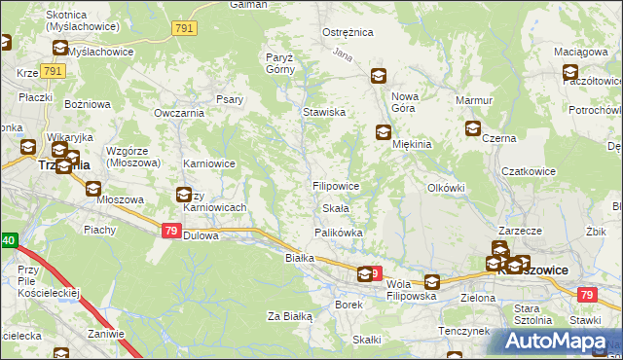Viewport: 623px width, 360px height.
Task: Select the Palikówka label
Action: point(338,233)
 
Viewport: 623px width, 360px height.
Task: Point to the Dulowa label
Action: point(201,235)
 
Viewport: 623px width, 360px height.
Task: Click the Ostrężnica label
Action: point(348,32)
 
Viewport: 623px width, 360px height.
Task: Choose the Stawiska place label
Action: point(325,113)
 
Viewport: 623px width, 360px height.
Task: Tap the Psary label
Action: point(230,98)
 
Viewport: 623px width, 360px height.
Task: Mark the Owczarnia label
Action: point(177,113)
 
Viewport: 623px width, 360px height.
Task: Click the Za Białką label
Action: point(289,316)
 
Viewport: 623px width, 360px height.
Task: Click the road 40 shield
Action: point(8,240)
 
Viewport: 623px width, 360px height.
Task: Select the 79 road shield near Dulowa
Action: point(170,231)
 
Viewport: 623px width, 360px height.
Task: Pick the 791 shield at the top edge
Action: point(185,30)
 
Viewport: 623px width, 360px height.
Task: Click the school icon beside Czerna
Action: point(473,127)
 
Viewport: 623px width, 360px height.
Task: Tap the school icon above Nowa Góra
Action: point(378,76)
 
